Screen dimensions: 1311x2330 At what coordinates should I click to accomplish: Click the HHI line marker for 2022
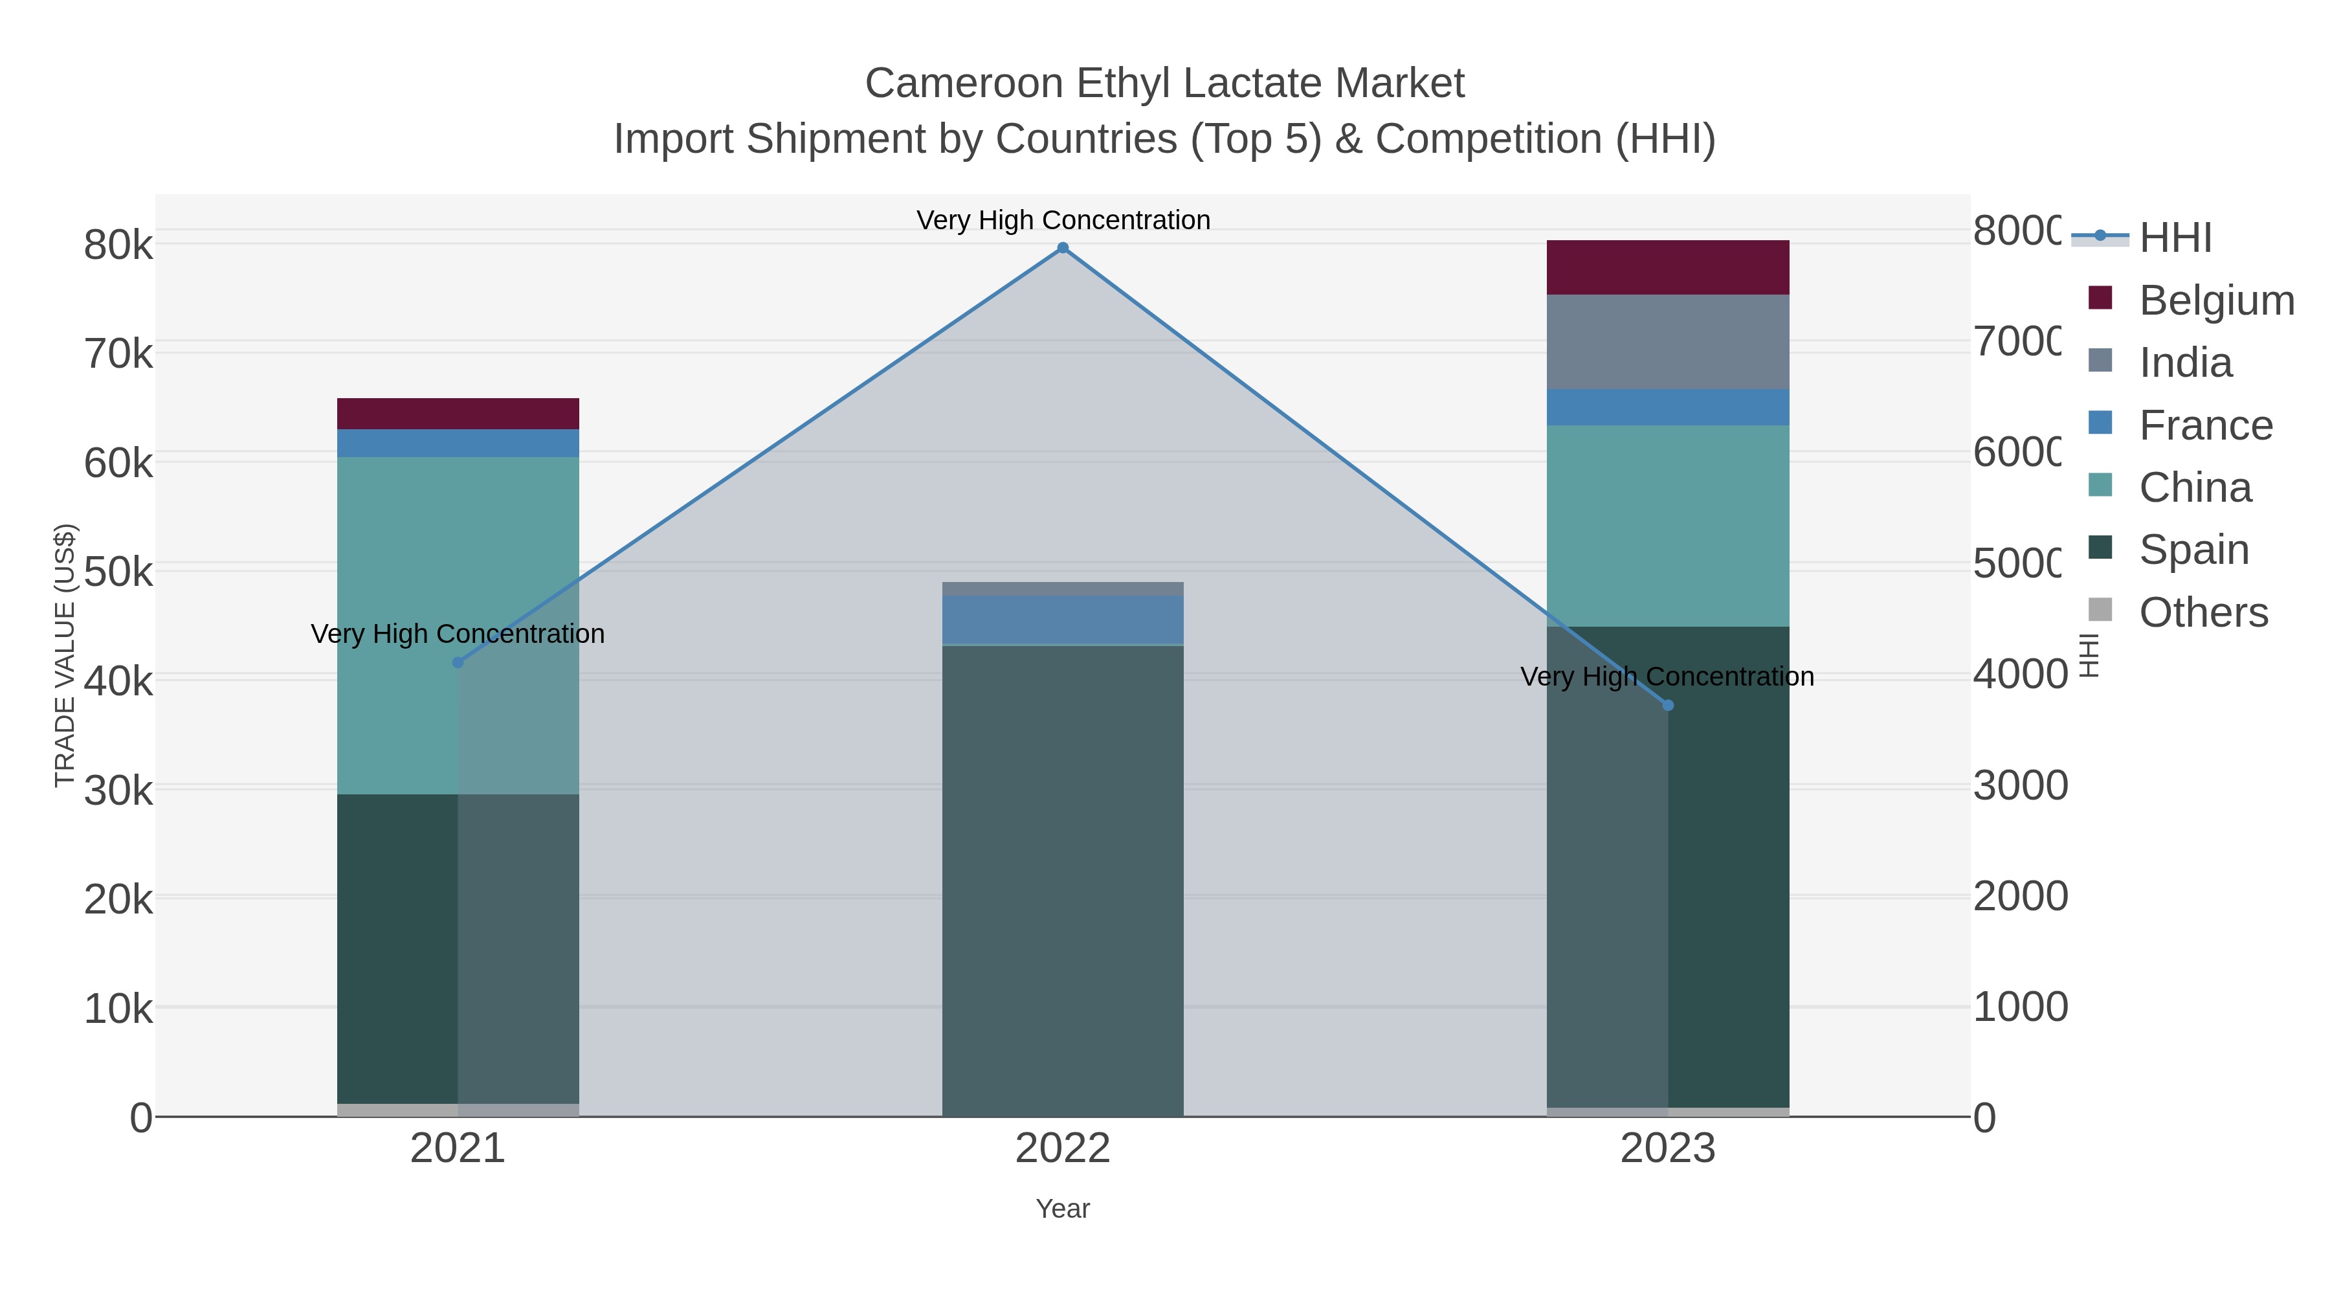pyautogui.click(x=1063, y=248)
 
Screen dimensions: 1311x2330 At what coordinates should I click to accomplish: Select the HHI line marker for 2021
pyautogui.click(x=458, y=662)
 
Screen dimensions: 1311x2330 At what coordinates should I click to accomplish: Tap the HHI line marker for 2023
pyautogui.click(x=1668, y=706)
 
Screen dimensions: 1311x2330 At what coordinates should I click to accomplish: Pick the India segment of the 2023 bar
pyautogui.click(x=1668, y=342)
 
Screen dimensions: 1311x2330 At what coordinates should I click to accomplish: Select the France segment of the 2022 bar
pyautogui.click(x=1063, y=620)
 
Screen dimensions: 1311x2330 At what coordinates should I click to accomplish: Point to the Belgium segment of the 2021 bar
pyautogui.click(x=458, y=414)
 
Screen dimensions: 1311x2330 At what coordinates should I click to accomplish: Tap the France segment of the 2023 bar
pyautogui.click(x=1668, y=407)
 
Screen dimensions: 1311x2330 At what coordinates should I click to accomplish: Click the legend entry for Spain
pyautogui.click(x=2193, y=550)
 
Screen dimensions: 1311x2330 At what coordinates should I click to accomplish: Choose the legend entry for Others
pyautogui.click(x=2202, y=612)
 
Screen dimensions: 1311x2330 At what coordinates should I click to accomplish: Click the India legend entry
pyautogui.click(x=2184, y=363)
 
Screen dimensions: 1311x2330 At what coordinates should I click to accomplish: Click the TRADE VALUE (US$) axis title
pyautogui.click(x=65, y=655)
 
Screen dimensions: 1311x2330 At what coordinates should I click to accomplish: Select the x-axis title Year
pyautogui.click(x=1063, y=1209)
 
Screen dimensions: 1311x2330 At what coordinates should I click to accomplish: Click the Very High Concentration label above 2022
pyautogui.click(x=1063, y=220)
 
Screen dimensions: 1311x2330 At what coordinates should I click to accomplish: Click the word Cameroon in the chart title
pyautogui.click(x=964, y=84)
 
